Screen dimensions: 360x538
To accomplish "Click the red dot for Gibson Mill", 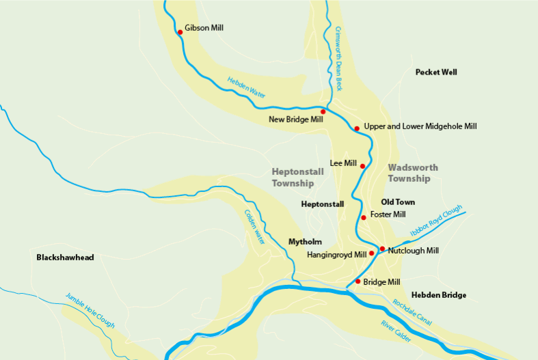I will (x=180, y=32).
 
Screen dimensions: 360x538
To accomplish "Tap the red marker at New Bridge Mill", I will (x=323, y=111).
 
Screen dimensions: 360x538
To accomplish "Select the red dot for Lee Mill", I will (x=362, y=166).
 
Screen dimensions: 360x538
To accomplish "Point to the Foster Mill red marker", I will (x=364, y=218).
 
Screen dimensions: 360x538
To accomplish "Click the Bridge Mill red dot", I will (x=358, y=281).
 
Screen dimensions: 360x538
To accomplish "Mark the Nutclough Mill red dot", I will (x=382, y=249).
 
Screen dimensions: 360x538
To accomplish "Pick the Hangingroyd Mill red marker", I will (x=372, y=253).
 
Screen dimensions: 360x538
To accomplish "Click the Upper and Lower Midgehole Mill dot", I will (x=357, y=128).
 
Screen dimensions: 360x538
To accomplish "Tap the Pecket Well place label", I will (x=436, y=72).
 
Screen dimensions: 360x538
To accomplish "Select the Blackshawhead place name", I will (x=65, y=258).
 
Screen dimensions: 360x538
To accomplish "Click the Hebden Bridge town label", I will (x=439, y=295).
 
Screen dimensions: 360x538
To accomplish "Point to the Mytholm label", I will (x=305, y=242).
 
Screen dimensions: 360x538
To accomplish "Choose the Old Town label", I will (x=398, y=202).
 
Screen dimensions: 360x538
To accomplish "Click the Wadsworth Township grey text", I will (x=413, y=173).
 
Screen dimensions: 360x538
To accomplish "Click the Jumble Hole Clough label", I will (x=90, y=310).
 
